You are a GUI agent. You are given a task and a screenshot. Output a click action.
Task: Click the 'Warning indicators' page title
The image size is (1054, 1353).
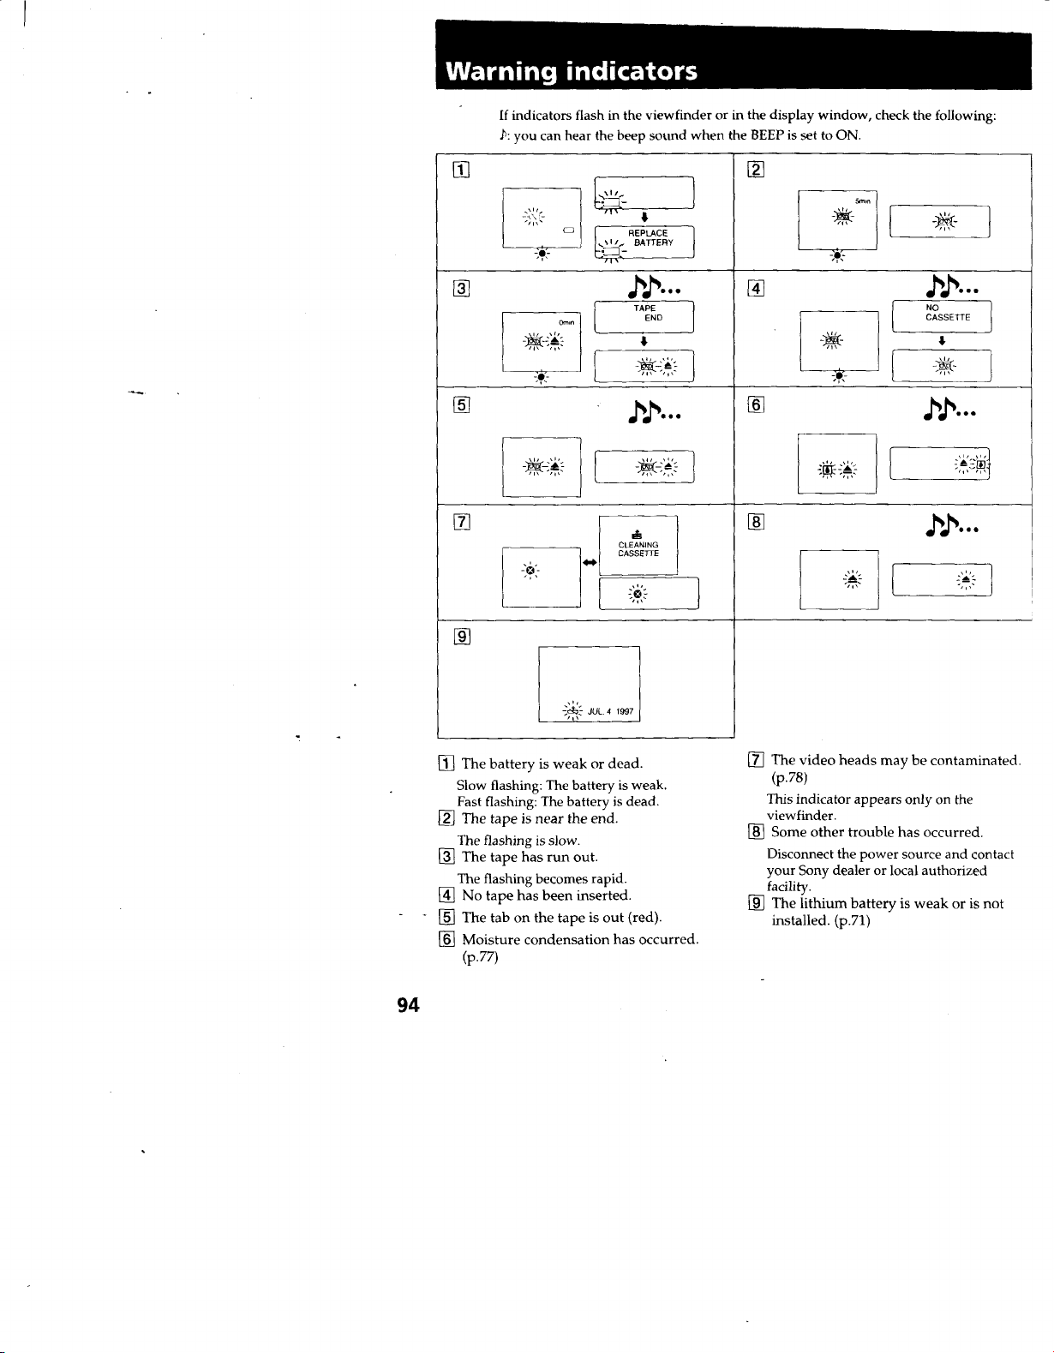(x=572, y=72)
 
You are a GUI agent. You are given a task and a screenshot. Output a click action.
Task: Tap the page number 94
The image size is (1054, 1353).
(x=409, y=1004)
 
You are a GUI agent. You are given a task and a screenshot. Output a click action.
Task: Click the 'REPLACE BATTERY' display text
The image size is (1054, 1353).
(x=650, y=238)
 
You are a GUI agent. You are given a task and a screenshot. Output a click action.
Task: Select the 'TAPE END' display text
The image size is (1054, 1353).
(x=648, y=313)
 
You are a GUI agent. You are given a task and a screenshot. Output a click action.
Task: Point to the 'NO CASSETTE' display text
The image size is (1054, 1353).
(x=948, y=313)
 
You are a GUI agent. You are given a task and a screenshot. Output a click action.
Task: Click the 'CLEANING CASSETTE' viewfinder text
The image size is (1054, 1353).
(x=638, y=549)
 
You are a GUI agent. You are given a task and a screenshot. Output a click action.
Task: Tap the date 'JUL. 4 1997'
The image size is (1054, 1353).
(x=610, y=711)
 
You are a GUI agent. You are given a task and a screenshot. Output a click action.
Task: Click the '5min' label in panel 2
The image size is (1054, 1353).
(x=862, y=201)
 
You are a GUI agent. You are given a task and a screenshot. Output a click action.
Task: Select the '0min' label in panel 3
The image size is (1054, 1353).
(x=566, y=322)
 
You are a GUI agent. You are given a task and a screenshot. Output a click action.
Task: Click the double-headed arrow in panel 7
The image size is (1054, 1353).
(x=590, y=562)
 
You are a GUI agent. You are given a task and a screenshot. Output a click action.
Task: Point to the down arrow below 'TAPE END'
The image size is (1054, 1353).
(x=644, y=341)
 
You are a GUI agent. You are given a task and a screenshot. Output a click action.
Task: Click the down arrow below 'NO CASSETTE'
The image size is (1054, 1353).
(x=942, y=340)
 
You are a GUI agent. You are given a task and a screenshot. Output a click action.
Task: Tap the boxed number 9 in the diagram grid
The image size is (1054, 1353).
(x=462, y=637)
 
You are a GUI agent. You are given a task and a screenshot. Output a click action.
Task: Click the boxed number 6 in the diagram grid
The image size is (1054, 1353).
(x=755, y=405)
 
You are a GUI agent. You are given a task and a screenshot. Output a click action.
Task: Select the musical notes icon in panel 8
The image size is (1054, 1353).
(x=952, y=525)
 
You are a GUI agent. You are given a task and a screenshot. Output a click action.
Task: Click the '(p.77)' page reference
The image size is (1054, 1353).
(x=480, y=957)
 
